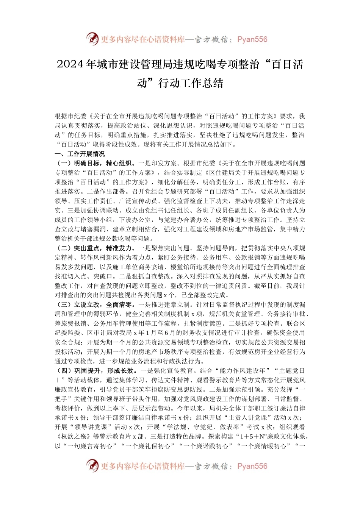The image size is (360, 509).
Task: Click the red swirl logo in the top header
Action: (92, 39)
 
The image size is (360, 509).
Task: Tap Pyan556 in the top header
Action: (252, 39)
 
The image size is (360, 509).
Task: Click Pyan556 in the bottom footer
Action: (252, 466)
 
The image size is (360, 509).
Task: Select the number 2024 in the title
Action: (70, 64)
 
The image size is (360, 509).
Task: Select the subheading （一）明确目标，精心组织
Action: (95, 163)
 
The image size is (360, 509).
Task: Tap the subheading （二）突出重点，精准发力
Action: (95, 248)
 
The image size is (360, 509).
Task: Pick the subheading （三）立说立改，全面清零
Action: (95, 304)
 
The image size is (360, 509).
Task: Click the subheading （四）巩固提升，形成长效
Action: (95, 370)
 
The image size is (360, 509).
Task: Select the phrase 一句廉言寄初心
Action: (89, 446)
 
